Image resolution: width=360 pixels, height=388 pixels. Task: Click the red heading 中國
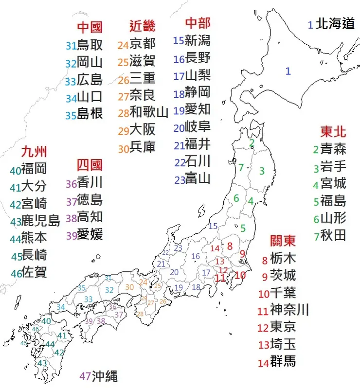pyautogui.click(x=90, y=27)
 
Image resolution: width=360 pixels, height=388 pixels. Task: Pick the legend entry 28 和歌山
pyautogui.click(x=143, y=113)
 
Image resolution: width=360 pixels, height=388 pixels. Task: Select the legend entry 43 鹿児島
pyautogui.click(x=35, y=221)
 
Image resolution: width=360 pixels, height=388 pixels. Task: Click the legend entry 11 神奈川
pyautogui.click(x=283, y=309)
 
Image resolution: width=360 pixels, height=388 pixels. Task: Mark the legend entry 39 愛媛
pyautogui.click(x=84, y=234)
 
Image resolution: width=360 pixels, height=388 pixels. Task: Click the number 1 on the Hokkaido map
pyautogui.click(x=288, y=71)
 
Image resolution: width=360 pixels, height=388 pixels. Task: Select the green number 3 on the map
pyautogui.click(x=262, y=171)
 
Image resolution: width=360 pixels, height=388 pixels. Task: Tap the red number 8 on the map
pyautogui.click(x=230, y=246)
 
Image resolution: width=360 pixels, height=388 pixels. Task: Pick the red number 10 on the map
pyautogui.click(x=240, y=275)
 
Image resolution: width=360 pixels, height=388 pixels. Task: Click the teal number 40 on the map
pyautogui.click(x=46, y=321)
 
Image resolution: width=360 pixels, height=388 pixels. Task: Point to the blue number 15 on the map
pyautogui.click(x=213, y=226)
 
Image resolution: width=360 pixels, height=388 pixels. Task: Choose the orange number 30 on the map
pyautogui.click(x=129, y=287)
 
